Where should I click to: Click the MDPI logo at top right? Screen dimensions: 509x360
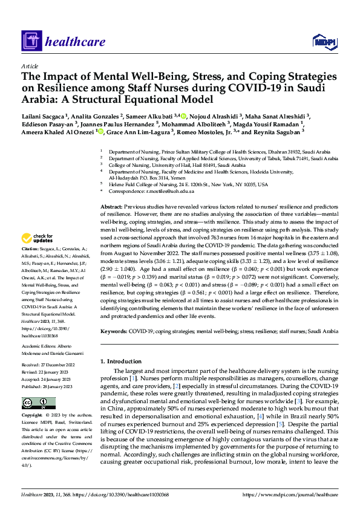324,41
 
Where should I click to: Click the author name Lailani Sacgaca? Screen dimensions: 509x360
44,116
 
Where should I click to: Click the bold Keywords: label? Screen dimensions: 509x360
114,332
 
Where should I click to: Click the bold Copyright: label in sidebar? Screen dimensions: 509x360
33,417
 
